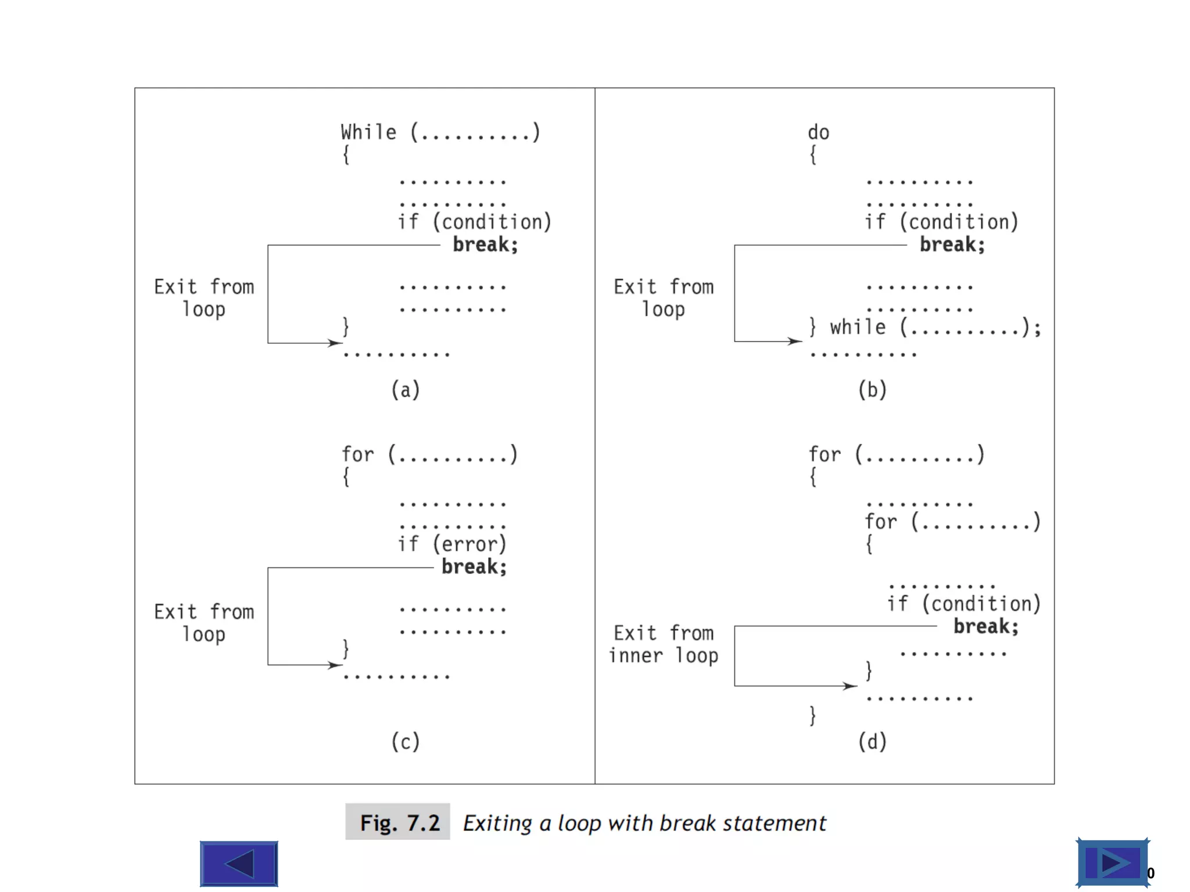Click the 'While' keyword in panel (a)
pyautogui.click(x=368, y=132)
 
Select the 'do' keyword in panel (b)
pyautogui.click(x=818, y=132)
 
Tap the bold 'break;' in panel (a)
pyautogui.click(x=485, y=244)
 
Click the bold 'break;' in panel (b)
pyautogui.click(x=952, y=244)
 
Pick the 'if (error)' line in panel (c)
pyautogui.click(x=452, y=544)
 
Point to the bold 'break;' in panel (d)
pyautogui.click(x=985, y=626)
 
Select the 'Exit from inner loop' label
pyautogui.click(x=664, y=644)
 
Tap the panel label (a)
pyautogui.click(x=405, y=390)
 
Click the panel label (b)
pyautogui.click(x=872, y=390)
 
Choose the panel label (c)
pyautogui.click(x=405, y=742)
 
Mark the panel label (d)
pyautogui.click(x=872, y=742)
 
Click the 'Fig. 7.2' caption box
pyautogui.click(x=398, y=822)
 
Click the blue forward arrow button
pyautogui.click(x=1112, y=863)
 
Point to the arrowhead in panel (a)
pyautogui.click(x=335, y=343)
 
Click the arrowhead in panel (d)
pyautogui.click(x=850, y=686)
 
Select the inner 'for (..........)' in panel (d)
pyautogui.click(x=952, y=521)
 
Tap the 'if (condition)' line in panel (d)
pyautogui.click(x=963, y=604)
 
